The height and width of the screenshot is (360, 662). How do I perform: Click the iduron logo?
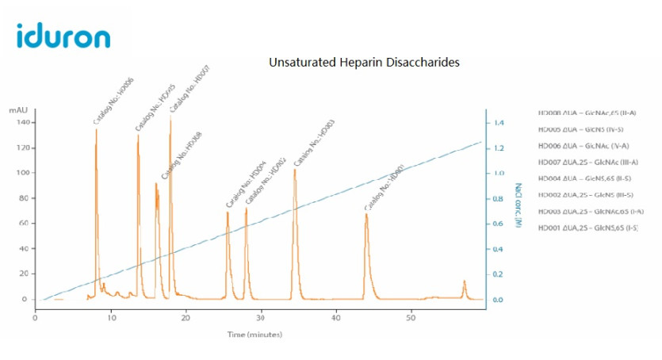coord(63,35)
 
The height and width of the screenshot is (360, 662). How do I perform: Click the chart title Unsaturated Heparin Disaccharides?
coord(365,61)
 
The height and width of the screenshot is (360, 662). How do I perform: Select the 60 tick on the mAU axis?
coord(24,224)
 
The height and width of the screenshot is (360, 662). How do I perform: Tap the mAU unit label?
coord(19,110)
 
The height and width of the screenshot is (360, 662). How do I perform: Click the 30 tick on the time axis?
coord(261,318)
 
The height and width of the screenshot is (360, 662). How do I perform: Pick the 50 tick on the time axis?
coord(411,318)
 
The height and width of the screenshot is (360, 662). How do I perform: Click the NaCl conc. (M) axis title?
coord(518,206)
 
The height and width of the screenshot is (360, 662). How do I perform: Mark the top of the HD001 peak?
coord(366,214)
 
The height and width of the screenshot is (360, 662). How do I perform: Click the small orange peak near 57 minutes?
coord(465,281)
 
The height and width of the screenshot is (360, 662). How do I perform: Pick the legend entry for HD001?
coord(587,228)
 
